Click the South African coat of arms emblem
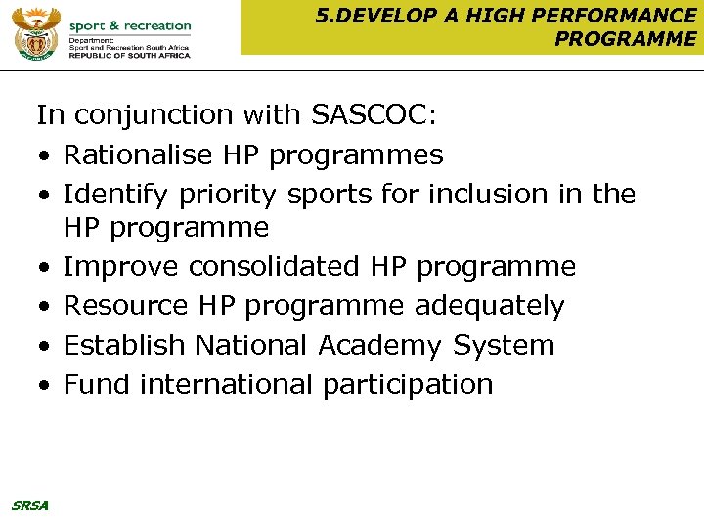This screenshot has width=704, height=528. (x=36, y=35)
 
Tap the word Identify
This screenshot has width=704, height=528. (x=116, y=194)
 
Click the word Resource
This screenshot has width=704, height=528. (x=126, y=306)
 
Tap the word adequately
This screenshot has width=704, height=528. (x=489, y=306)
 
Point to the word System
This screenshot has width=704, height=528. (x=504, y=345)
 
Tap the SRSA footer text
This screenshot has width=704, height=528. (x=29, y=506)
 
